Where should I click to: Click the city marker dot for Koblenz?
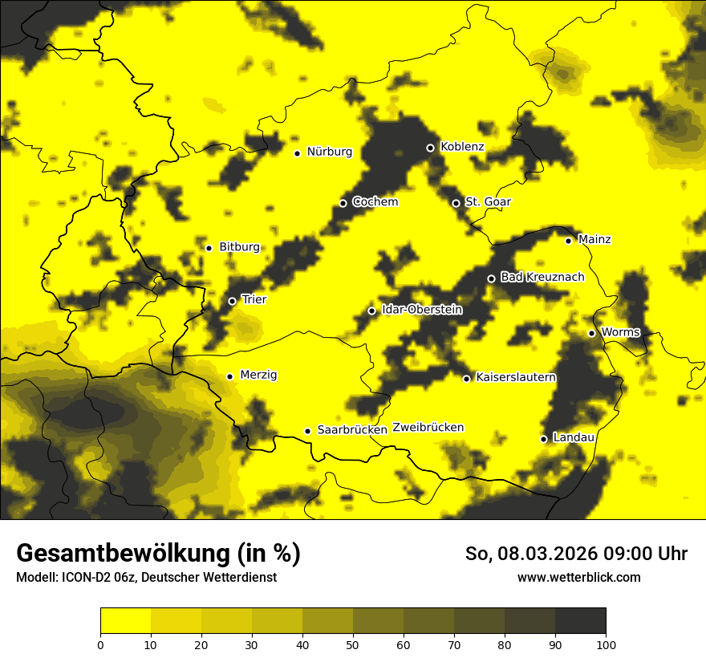coord(430,148)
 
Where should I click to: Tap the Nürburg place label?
coord(329,152)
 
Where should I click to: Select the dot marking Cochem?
coord(343,203)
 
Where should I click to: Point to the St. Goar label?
coord(488,201)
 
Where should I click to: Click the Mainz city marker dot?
coord(568,241)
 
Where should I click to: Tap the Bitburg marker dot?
coord(209,248)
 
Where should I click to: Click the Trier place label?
coord(254,299)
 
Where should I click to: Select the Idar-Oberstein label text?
coord(422,309)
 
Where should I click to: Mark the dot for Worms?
coord(591,333)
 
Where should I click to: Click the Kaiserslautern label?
coord(516,377)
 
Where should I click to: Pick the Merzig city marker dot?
coord(229,376)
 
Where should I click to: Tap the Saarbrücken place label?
coord(352,430)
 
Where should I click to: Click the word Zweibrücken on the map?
coord(428,428)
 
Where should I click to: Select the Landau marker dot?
coord(544,439)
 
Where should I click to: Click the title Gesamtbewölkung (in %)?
coord(158,554)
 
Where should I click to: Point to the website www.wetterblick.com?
coord(578,577)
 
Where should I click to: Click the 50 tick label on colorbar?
coord(353,644)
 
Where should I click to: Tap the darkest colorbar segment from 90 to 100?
coord(580,620)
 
